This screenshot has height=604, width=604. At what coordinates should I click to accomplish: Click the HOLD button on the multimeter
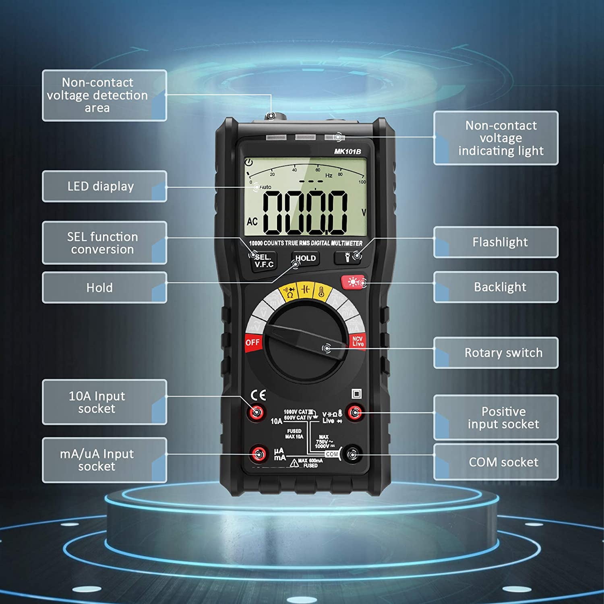(x=305, y=259)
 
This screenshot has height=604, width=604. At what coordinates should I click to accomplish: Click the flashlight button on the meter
(x=348, y=257)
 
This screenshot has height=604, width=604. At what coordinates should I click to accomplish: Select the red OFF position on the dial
(x=253, y=342)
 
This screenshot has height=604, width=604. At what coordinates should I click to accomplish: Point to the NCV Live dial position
(x=358, y=341)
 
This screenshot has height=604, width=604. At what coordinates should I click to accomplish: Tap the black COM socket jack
(x=352, y=455)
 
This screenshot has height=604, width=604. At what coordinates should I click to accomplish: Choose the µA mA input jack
(x=258, y=454)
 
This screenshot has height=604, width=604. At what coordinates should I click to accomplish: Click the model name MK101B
(x=347, y=151)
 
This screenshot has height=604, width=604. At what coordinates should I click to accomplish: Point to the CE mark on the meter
(x=258, y=395)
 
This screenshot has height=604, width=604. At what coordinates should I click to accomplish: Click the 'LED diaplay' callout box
(x=104, y=186)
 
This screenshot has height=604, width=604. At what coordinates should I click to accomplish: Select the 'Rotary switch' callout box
(x=496, y=353)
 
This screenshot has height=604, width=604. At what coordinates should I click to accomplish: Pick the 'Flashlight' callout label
(x=496, y=242)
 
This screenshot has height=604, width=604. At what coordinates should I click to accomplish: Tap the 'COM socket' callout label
(x=496, y=462)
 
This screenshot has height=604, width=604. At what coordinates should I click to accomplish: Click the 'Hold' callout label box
(x=104, y=288)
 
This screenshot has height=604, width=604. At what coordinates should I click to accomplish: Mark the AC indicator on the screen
(x=252, y=221)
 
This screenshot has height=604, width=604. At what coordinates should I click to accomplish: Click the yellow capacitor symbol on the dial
(x=306, y=289)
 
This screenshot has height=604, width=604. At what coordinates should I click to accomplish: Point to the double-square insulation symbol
(x=356, y=394)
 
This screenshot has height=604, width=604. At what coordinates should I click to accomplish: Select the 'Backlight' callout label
(x=496, y=287)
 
